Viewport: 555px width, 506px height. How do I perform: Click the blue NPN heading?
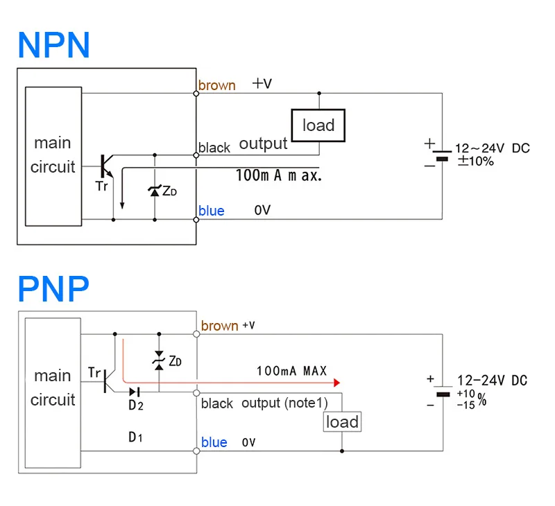[x=54, y=44]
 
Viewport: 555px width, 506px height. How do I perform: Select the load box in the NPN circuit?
[x=318, y=125]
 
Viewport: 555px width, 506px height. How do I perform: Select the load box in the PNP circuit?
[x=342, y=421]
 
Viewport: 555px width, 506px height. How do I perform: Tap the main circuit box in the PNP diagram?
[x=53, y=387]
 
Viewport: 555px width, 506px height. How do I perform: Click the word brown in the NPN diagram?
[x=216, y=85]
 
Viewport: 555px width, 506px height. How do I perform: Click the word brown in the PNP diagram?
[x=219, y=326]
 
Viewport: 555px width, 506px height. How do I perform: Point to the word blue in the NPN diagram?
[x=212, y=211]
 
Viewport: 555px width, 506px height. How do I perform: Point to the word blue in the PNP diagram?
[x=214, y=442]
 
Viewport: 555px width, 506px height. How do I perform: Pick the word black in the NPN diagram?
[x=214, y=148]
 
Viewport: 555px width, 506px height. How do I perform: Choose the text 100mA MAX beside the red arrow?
[x=291, y=372]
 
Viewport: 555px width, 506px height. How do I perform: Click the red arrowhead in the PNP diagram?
[x=337, y=383]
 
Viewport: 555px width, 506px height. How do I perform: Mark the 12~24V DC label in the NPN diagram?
[x=492, y=148]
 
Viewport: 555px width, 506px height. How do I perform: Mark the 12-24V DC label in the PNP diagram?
[x=492, y=380]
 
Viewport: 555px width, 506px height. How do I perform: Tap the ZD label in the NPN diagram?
[x=169, y=191]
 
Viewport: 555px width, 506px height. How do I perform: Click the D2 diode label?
[x=136, y=406]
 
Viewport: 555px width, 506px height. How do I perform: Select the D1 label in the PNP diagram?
[x=136, y=437]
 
